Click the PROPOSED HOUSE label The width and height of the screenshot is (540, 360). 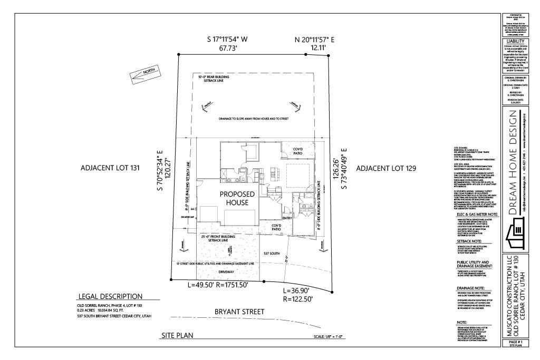point(237,199)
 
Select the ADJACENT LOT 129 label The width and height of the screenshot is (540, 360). point(386,168)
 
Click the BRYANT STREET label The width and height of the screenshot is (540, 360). point(239,312)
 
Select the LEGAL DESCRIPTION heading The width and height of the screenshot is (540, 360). point(110,296)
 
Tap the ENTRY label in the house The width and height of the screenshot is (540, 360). point(287,218)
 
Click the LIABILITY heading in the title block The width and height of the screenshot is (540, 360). point(515,41)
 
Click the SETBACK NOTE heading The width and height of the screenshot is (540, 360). point(469,240)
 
